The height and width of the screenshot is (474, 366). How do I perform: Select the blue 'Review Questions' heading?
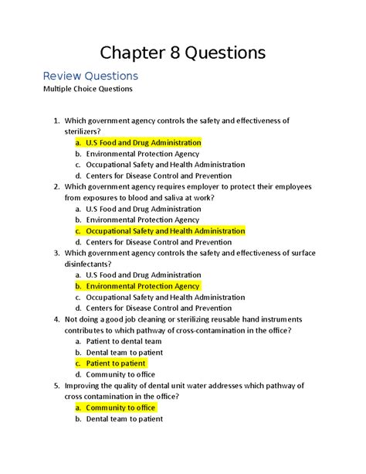[x=90, y=76]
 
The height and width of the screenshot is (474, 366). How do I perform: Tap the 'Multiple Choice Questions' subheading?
[x=87, y=89]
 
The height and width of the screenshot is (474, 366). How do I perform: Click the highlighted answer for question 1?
[x=143, y=142]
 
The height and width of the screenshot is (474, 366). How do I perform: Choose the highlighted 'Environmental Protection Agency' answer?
[x=143, y=285]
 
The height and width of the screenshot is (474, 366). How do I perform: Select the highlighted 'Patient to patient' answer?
[x=115, y=363]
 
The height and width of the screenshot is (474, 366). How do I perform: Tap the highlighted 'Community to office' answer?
[x=120, y=407]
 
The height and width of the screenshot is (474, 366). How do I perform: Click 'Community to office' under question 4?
[x=120, y=374]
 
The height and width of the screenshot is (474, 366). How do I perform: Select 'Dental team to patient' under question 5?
[x=124, y=418]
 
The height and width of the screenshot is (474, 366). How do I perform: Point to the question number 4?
[x=54, y=319]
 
